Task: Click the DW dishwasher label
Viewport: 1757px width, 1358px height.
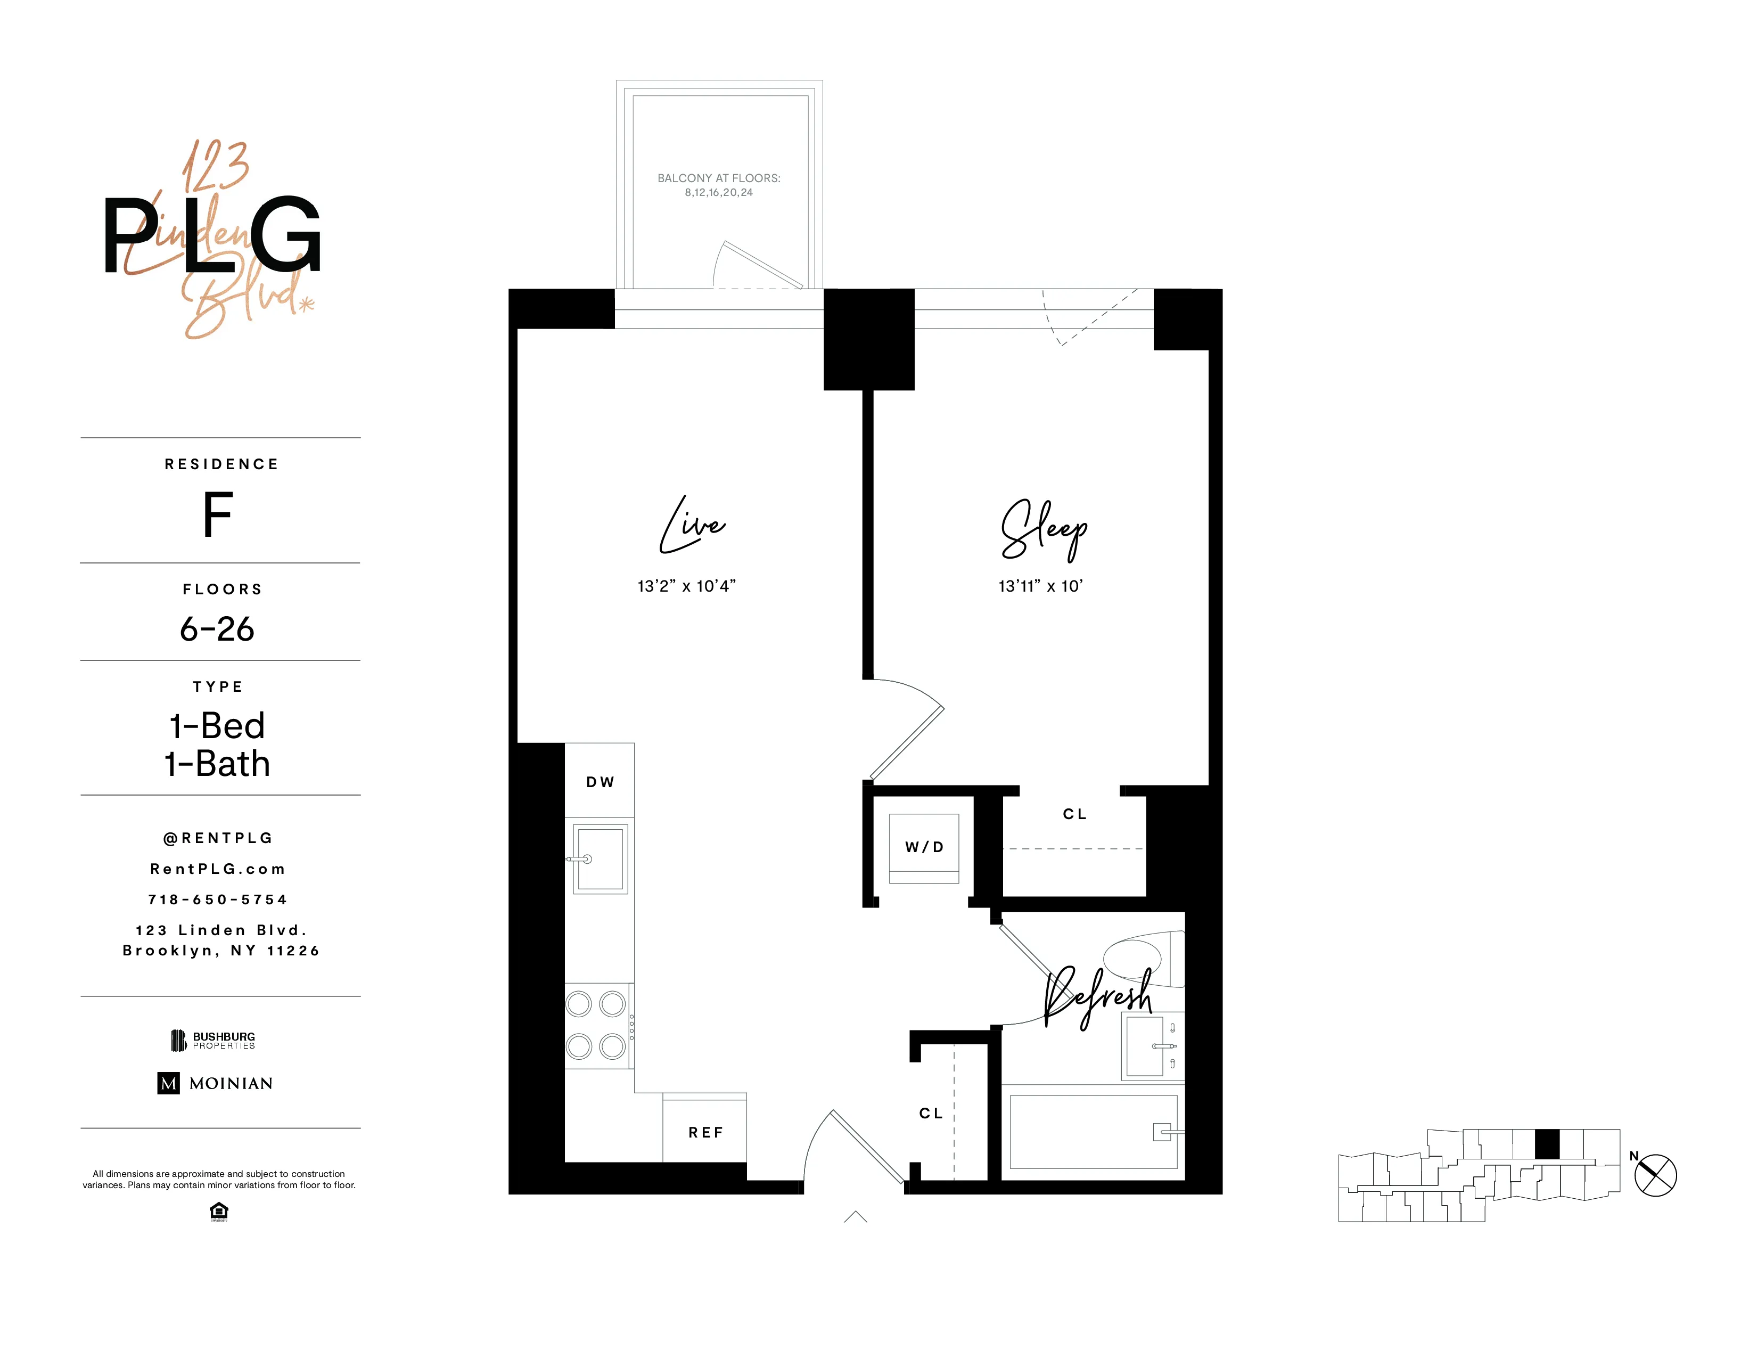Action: tap(600, 782)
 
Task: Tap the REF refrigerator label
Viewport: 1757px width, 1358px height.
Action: tap(705, 1133)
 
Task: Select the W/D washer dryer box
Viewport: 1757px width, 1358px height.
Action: tap(924, 847)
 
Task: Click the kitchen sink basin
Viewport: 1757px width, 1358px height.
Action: tap(600, 859)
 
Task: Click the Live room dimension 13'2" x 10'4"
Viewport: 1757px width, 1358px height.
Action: tap(686, 586)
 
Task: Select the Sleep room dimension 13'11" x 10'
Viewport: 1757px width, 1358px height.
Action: tap(1040, 586)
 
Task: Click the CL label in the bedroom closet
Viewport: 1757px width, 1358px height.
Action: tap(1075, 814)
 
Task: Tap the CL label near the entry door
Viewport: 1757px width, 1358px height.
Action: tap(931, 1114)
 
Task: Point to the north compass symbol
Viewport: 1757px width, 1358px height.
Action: tap(1655, 1175)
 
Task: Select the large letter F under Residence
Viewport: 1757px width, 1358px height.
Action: tap(217, 515)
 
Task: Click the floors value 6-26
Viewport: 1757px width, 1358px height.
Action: tap(217, 629)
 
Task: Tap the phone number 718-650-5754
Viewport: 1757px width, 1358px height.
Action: tap(217, 899)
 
